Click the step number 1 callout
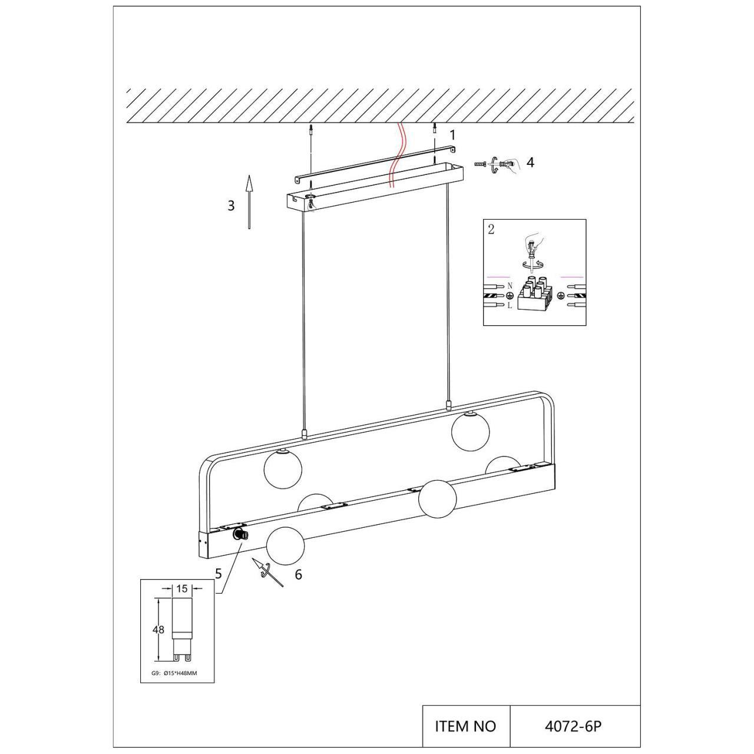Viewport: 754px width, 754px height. [453, 135]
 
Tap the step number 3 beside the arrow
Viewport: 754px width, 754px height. [232, 206]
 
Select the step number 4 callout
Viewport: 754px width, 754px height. [530, 162]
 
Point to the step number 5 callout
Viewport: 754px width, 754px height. [219, 574]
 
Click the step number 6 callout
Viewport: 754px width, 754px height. [299, 575]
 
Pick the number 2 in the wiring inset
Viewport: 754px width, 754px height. [491, 229]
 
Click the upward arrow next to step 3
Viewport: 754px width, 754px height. [249, 201]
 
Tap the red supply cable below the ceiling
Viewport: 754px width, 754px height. [396, 156]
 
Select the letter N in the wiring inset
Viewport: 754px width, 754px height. [510, 286]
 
